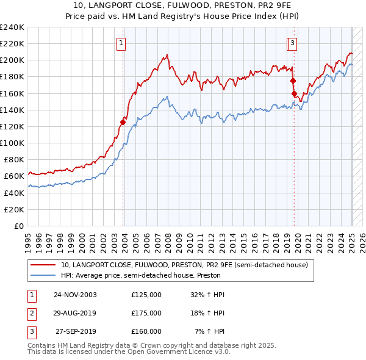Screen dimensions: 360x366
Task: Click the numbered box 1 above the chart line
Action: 122,43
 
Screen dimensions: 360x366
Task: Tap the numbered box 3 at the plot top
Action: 293,43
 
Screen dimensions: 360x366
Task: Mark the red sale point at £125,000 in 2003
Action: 123,122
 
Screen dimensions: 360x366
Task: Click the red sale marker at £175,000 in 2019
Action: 293,81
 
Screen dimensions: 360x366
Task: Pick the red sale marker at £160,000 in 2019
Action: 294,93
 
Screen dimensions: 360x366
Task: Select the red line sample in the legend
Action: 43,265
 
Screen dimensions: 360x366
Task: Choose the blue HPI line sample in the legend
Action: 43,275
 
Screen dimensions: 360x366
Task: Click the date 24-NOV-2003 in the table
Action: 76,295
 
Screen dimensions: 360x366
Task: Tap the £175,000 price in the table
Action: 146,313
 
